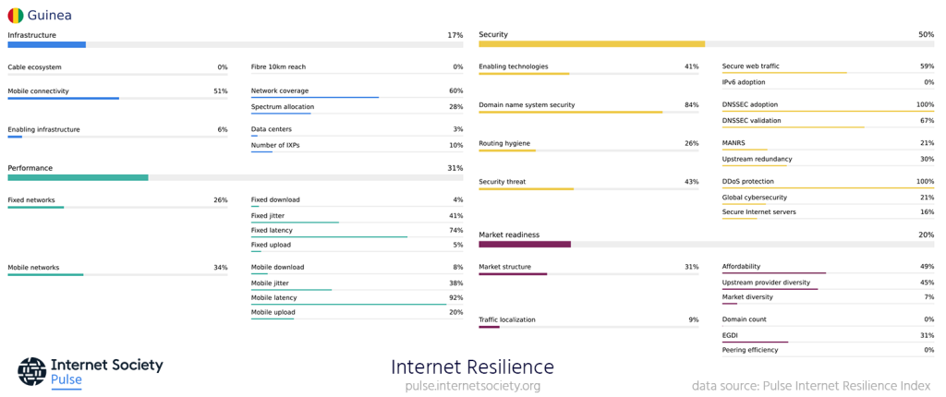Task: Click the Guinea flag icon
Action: [x=16, y=15]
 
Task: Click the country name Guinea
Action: [x=50, y=15]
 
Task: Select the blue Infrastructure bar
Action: [x=46, y=44]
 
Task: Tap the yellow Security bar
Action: [x=591, y=43]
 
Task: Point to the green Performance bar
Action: [x=78, y=177]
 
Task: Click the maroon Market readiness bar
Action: [x=525, y=244]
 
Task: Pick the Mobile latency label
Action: [x=273, y=297]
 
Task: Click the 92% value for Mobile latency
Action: [x=455, y=297]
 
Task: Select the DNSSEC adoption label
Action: [x=750, y=104]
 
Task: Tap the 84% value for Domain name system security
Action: [x=691, y=105]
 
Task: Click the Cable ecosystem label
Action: [x=34, y=67]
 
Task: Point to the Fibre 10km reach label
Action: [x=278, y=67]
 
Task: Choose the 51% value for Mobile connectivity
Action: [x=220, y=91]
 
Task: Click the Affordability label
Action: [x=741, y=267]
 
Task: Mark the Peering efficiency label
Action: [x=750, y=350]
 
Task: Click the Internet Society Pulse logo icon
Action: [x=31, y=371]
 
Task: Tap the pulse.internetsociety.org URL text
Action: [x=472, y=386]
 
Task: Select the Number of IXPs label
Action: [x=275, y=145]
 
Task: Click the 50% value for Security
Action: [x=926, y=35]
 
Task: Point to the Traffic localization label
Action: [x=506, y=319]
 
